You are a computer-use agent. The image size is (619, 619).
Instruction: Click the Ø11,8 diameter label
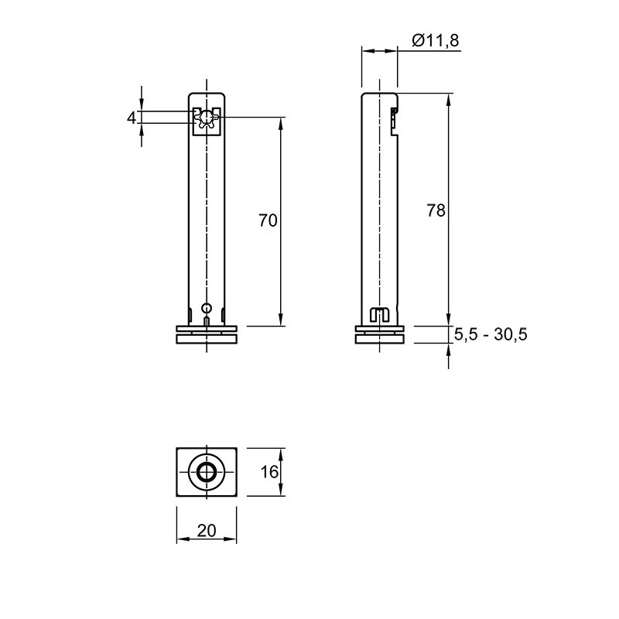(x=436, y=40)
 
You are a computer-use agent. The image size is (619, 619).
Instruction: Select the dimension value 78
(x=436, y=210)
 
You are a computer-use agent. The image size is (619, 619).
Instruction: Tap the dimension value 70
(x=268, y=221)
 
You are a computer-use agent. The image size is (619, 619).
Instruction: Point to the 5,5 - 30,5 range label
(x=491, y=334)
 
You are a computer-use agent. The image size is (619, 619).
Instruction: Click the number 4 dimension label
(x=132, y=118)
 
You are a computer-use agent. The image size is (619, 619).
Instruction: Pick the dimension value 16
(x=269, y=472)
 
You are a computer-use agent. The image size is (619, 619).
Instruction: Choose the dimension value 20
(x=207, y=531)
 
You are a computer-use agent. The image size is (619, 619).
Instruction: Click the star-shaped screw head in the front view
(x=207, y=118)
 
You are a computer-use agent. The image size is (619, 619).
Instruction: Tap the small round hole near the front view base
(x=207, y=308)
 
